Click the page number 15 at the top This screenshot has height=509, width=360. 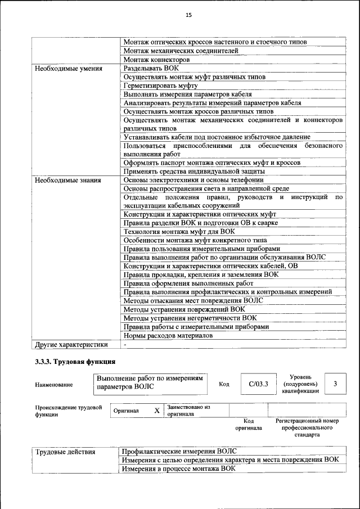pyautogui.click(x=189, y=15)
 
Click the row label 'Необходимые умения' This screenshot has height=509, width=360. pyautogui.click(x=69, y=69)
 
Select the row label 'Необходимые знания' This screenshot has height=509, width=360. pyautogui.click(x=68, y=181)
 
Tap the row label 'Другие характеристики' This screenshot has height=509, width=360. pyautogui.click(x=72, y=344)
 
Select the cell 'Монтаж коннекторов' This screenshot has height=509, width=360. pyautogui.click(x=156, y=60)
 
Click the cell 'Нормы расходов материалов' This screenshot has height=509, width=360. pyautogui.click(x=168, y=336)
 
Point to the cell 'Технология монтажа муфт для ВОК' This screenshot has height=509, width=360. pyautogui.click(x=179, y=231)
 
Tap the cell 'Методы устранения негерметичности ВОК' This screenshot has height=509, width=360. pyautogui.click(x=190, y=318)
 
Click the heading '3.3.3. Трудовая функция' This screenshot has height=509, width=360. pyautogui.click(x=75, y=362)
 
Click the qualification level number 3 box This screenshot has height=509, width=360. pyautogui.click(x=335, y=384)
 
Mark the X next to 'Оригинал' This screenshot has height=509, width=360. pyautogui.click(x=157, y=411)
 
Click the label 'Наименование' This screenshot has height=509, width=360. pyautogui.click(x=54, y=385)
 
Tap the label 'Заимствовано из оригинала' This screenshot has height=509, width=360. pyautogui.click(x=188, y=410)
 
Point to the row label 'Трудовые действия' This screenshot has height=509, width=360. pyautogui.click(x=65, y=452)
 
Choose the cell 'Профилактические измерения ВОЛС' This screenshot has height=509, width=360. pyautogui.click(x=180, y=452)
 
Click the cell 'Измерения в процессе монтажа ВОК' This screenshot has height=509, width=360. pyautogui.click(x=179, y=468)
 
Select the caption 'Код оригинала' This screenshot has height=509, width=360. pyautogui.click(x=249, y=424)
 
